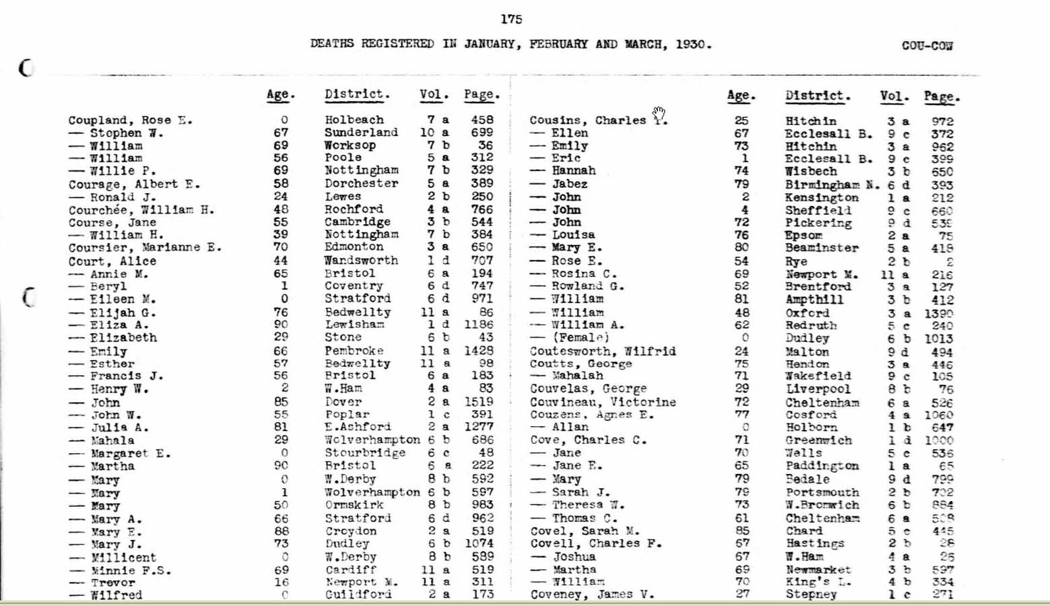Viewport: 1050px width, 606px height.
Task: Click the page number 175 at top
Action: (511, 20)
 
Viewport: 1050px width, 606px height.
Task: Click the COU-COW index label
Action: (927, 46)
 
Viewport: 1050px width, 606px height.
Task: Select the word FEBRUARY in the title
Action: (558, 44)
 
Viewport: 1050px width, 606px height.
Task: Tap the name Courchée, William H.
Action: (141, 210)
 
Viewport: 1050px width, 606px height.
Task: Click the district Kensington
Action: (822, 198)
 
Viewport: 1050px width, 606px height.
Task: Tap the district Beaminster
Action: (822, 248)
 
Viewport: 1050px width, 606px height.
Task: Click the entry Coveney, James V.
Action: (591, 595)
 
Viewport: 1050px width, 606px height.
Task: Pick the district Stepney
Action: (811, 595)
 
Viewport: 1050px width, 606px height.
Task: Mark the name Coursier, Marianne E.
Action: (145, 248)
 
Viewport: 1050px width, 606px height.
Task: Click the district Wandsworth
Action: (361, 261)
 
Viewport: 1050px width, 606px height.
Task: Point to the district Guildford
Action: (358, 595)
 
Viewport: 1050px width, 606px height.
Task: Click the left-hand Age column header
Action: (280, 95)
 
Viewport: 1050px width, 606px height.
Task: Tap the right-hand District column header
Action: (818, 96)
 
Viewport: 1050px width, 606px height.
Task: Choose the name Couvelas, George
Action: (588, 389)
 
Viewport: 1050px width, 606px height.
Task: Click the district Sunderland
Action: (361, 133)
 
